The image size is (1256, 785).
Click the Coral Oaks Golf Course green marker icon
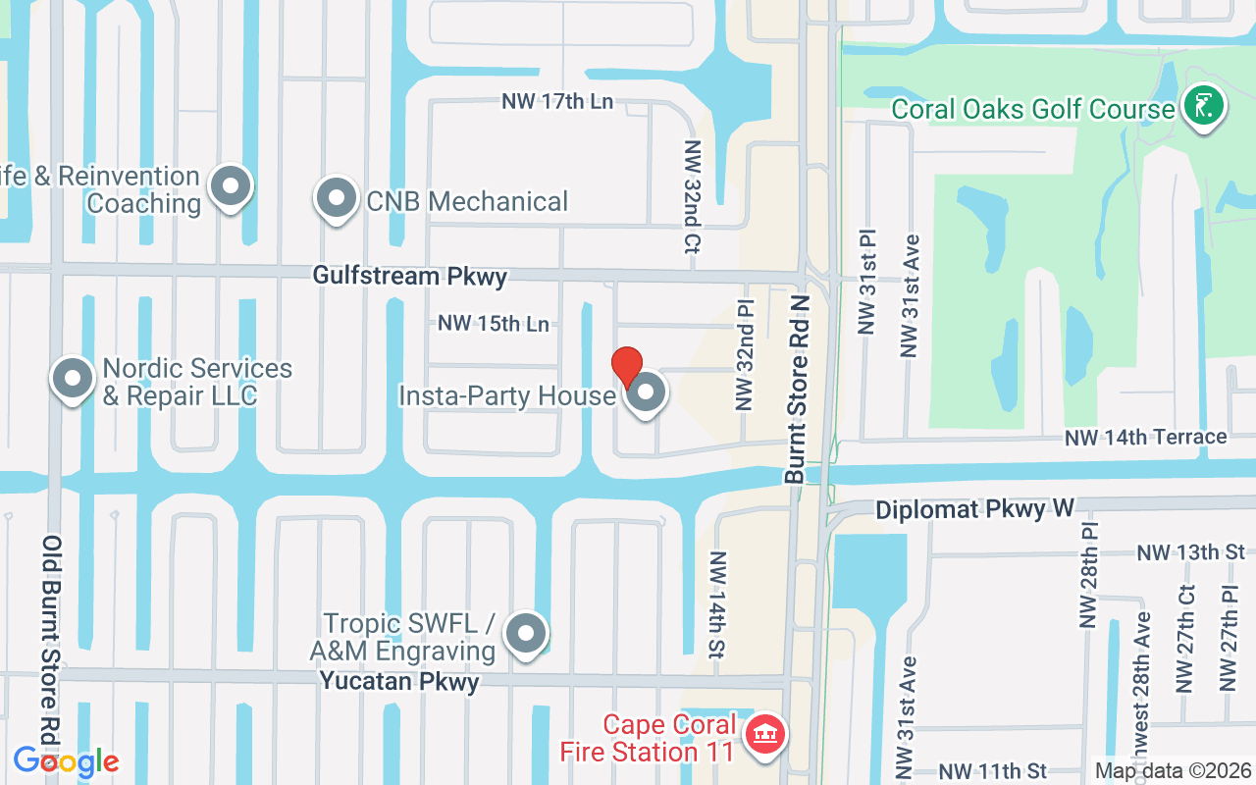(1203, 105)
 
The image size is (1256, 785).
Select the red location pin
(627, 368)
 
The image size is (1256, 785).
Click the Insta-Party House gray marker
(646, 393)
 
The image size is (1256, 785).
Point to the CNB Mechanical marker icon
(337, 198)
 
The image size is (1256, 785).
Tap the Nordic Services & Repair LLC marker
(72, 379)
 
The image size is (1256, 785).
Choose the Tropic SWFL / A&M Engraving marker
(525, 634)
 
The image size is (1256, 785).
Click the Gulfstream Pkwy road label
(410, 276)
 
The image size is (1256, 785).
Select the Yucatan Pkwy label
(399, 682)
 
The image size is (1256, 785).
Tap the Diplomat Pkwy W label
(974, 509)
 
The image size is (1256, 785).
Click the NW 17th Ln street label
(557, 101)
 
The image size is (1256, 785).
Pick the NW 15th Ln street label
(494, 323)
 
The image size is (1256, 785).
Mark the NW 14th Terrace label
(1145, 437)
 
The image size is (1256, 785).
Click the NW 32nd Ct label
(693, 197)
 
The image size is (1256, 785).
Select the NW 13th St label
(1190, 552)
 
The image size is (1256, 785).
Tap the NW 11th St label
(993, 772)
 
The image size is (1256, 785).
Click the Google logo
(66, 760)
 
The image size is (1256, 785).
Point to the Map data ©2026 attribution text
(1173, 771)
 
